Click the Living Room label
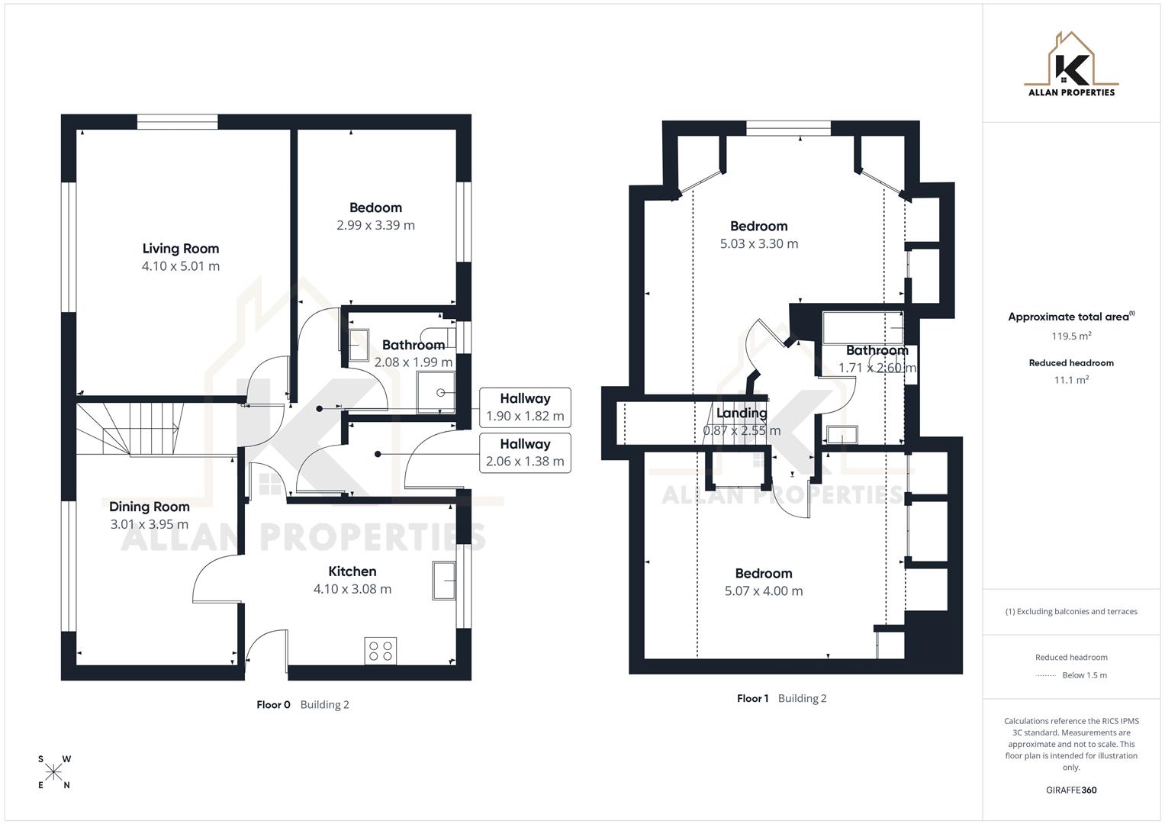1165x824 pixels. click(x=181, y=248)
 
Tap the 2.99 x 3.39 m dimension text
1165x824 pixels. click(x=375, y=225)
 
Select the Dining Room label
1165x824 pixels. click(x=150, y=507)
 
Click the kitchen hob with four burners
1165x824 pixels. click(x=380, y=650)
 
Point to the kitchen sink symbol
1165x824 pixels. click(x=443, y=581)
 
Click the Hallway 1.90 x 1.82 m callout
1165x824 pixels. click(x=525, y=407)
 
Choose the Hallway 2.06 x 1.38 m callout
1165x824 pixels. click(x=525, y=453)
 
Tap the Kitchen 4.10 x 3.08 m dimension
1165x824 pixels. click(x=352, y=589)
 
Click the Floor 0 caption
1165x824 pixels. click(x=273, y=705)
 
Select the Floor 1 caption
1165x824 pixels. click(x=753, y=699)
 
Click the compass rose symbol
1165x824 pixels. click(x=54, y=772)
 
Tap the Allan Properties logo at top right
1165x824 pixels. click(x=1071, y=65)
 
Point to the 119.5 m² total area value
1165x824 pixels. click(x=1071, y=336)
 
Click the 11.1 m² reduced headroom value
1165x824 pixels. click(x=1071, y=380)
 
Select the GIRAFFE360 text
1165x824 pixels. click(x=1071, y=790)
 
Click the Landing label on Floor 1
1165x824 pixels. click(x=742, y=414)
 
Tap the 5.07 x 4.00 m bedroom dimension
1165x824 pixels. click(x=764, y=591)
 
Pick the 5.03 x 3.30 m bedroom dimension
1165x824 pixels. click(x=759, y=244)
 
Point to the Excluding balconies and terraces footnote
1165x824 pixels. click(x=1071, y=612)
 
